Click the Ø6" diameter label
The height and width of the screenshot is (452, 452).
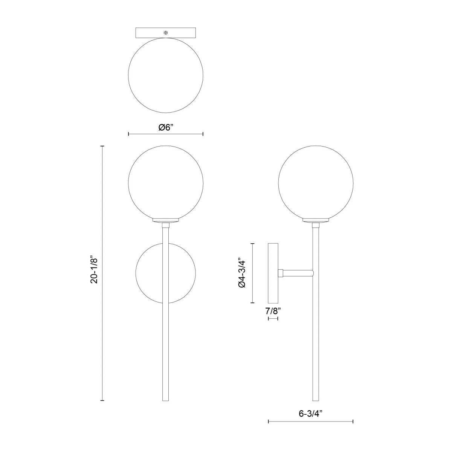(x=166, y=127)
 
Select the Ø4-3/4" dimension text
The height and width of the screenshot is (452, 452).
(x=242, y=273)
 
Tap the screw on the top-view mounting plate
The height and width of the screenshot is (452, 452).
(x=166, y=32)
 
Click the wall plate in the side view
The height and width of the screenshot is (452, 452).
(x=273, y=273)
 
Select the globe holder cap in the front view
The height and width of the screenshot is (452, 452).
(x=166, y=221)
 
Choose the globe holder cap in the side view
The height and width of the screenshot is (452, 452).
(x=316, y=221)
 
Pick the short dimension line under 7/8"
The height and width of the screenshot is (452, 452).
(x=273, y=319)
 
